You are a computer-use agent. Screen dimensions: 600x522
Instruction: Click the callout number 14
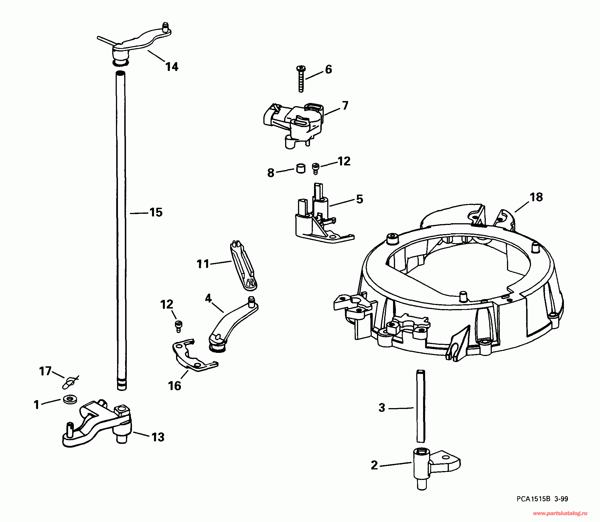[x=172, y=67]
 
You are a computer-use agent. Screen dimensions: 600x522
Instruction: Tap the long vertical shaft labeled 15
[x=121, y=230]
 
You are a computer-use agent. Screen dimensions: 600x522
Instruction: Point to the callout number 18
[x=536, y=197]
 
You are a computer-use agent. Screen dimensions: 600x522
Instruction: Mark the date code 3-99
[x=561, y=499]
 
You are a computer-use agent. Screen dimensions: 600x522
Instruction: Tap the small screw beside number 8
[x=315, y=169]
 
